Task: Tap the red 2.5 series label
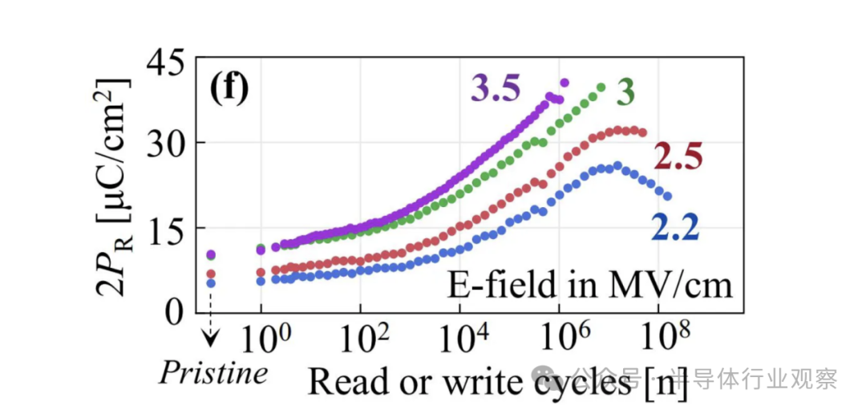click(x=678, y=156)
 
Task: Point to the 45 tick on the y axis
click(x=166, y=63)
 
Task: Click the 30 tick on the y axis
click(x=166, y=145)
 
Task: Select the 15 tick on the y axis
click(x=166, y=228)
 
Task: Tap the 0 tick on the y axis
click(x=176, y=311)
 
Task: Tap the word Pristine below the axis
click(x=212, y=374)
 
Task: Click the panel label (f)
click(x=229, y=87)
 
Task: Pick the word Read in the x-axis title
click(x=342, y=381)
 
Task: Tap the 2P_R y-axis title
click(x=112, y=187)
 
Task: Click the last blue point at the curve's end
click(x=667, y=197)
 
